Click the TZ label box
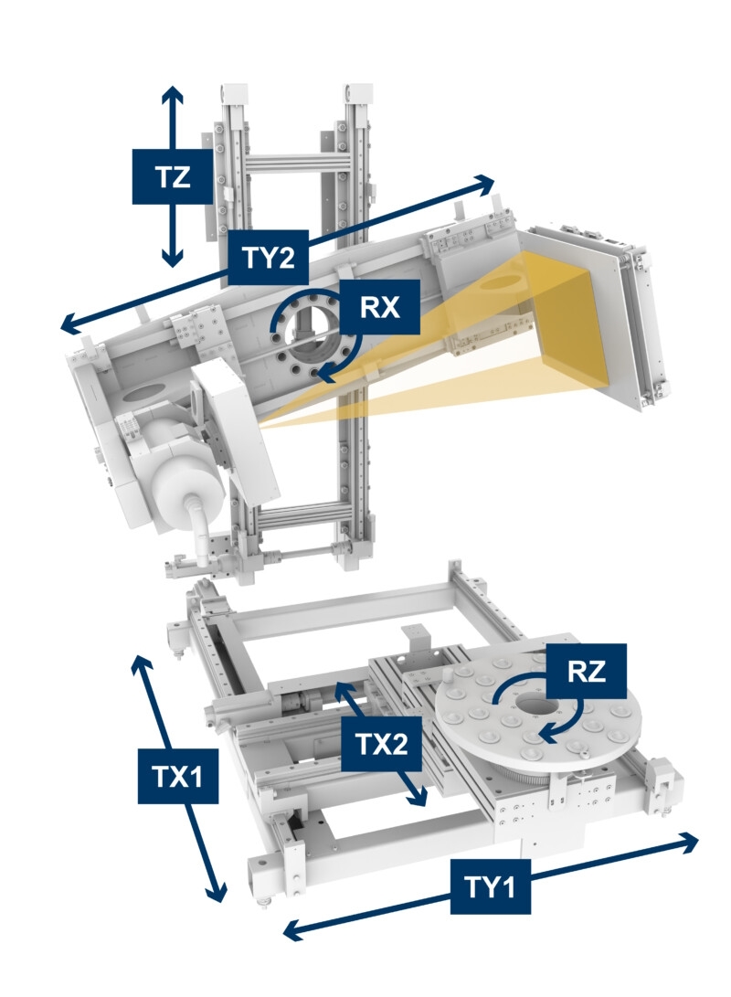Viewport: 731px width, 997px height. pos(172,176)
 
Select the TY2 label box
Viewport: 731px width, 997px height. pos(269,257)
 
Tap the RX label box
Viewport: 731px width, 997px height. pos(379,306)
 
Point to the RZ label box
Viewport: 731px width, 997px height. pos(586,671)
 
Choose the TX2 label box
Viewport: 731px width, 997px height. pos(381,744)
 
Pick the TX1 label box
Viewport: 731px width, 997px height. pos(178,776)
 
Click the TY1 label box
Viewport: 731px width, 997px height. pos(490,886)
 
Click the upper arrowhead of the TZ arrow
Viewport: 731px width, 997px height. pos(172,94)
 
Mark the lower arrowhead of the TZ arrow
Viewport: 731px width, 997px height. pos(172,258)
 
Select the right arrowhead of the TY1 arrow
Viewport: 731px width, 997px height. pos(689,842)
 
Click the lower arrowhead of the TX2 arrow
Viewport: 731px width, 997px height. pos(418,798)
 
